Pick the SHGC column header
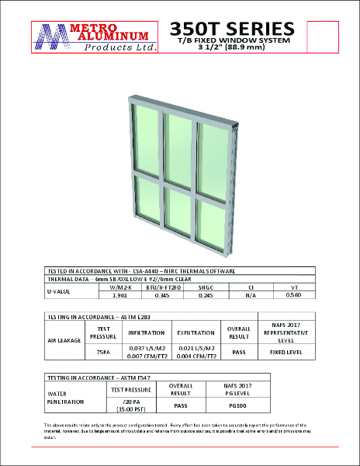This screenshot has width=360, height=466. click(x=204, y=287)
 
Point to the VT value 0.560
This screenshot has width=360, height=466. click(x=293, y=295)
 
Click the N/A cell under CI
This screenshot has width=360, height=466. click(x=251, y=295)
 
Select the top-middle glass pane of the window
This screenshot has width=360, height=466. click(x=178, y=149)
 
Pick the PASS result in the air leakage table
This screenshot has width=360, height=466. click(x=238, y=351)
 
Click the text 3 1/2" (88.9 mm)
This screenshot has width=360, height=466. click(x=232, y=47)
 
